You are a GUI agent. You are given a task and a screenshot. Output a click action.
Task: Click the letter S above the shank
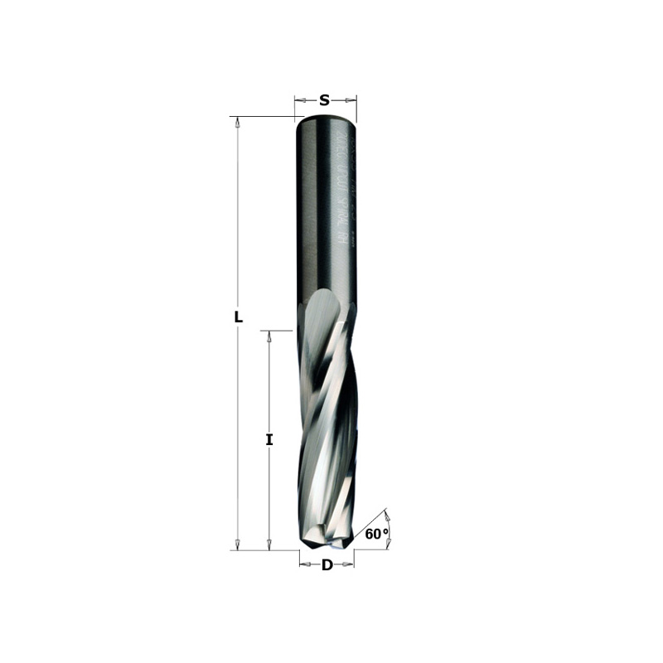click(x=325, y=100)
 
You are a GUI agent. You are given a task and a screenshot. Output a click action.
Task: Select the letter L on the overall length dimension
click(x=238, y=317)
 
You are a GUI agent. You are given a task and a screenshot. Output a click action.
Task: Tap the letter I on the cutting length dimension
click(x=269, y=440)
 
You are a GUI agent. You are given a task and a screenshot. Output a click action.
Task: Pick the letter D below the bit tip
click(x=327, y=565)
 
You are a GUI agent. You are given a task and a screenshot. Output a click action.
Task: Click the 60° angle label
click(x=375, y=535)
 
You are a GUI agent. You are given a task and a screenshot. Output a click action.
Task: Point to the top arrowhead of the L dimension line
click(x=238, y=123)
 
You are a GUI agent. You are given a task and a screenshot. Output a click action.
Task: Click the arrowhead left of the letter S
click(x=300, y=100)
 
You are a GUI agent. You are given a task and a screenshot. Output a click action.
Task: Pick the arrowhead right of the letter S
click(x=351, y=100)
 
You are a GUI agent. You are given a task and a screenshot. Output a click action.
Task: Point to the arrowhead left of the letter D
click(x=305, y=565)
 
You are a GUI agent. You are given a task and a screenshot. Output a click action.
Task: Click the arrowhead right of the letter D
click(x=348, y=565)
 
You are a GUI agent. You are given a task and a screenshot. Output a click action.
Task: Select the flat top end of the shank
click(x=326, y=119)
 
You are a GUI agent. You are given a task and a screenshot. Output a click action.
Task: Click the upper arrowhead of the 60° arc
click(x=387, y=516)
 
